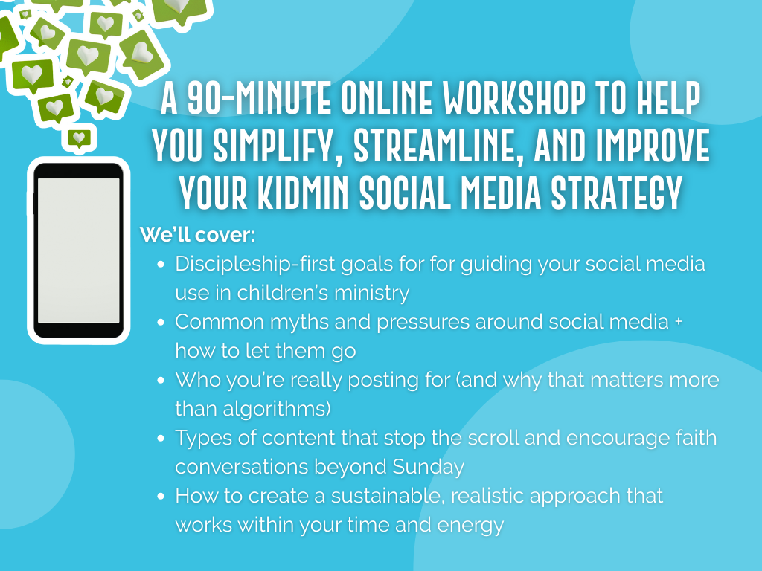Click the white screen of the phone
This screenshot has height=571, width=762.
coord(79,250)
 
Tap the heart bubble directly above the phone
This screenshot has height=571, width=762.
coord(79,139)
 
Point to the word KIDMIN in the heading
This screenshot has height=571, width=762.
coord(303,193)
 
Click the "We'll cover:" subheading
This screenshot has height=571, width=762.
coord(197,235)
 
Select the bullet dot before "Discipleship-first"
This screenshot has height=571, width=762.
coord(161,265)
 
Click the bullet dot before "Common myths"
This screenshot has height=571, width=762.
coord(161,323)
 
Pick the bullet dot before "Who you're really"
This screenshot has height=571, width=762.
coord(161,380)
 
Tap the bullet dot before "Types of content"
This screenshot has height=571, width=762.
coord(161,438)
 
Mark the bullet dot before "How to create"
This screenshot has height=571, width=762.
coord(161,496)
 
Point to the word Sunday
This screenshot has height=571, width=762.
coord(428,467)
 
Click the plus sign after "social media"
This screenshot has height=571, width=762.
coord(679,321)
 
